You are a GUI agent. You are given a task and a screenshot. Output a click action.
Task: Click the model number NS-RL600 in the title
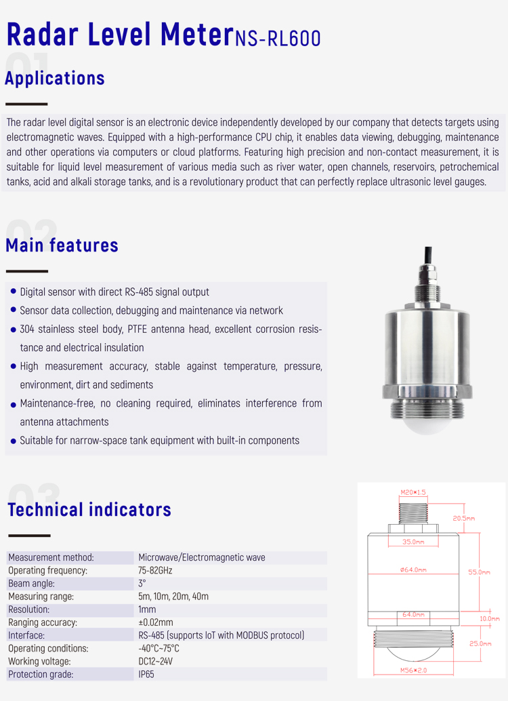[278, 38]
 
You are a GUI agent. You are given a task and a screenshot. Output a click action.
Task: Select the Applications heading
[55, 78]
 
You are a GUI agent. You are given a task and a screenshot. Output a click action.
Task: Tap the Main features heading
[62, 245]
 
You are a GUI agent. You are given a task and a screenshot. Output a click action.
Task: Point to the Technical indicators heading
[89, 509]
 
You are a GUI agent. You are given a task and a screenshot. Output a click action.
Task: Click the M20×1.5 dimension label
[413, 493]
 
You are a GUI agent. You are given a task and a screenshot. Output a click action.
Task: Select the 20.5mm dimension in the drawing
[463, 519]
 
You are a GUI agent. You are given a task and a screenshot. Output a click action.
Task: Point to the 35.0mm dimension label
[412, 542]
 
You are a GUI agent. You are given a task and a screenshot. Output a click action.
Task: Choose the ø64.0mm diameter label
[413, 570]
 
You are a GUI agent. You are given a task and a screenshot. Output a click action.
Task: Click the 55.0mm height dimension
[479, 572]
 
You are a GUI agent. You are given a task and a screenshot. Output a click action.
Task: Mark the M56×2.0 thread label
[414, 670]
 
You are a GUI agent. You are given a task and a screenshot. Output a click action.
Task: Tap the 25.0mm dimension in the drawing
[479, 643]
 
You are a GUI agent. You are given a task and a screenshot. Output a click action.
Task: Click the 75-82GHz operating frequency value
[155, 571]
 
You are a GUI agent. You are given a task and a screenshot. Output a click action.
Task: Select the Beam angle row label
[31, 584]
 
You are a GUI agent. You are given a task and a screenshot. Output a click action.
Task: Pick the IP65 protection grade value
[146, 675]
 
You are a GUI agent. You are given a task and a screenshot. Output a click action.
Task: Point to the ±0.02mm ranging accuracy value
[156, 622]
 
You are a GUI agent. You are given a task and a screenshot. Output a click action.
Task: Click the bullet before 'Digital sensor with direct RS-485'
[14, 292]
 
